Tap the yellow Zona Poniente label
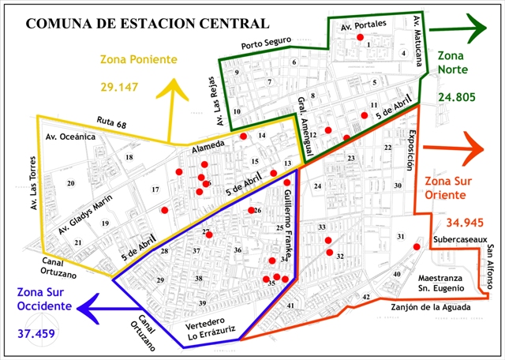[x=138, y=60]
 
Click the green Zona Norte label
[x=451, y=62]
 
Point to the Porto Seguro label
[x=267, y=43]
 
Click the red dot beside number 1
[x=361, y=38]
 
